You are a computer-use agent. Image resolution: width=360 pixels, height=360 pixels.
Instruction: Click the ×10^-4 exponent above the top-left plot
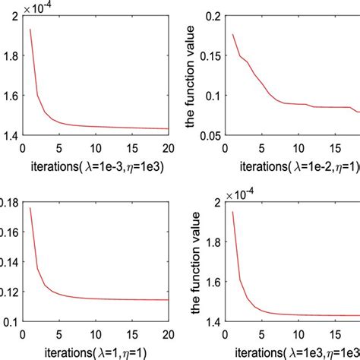34,7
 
